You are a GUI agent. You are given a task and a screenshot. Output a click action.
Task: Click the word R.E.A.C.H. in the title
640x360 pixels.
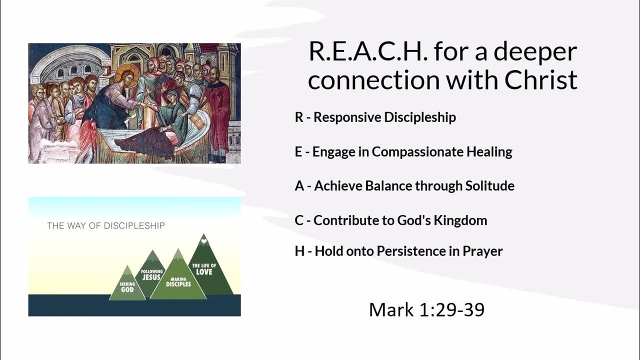[367, 51]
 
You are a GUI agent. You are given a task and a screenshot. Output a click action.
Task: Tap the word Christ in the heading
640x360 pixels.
[541, 80]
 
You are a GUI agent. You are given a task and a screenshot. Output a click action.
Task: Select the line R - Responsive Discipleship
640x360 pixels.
[375, 117]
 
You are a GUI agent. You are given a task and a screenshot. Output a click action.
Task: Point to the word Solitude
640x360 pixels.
[489, 186]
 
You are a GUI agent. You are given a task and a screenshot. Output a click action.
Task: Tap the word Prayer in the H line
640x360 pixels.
[482, 251]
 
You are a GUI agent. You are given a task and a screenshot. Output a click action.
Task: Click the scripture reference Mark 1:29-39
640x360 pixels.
[426, 309]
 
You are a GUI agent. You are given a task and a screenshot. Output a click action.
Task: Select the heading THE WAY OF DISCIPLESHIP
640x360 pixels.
[106, 225]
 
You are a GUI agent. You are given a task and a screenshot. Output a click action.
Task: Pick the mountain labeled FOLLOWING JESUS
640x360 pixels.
[151, 274]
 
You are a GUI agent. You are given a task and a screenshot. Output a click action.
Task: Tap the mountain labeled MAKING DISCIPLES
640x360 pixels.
[178, 281]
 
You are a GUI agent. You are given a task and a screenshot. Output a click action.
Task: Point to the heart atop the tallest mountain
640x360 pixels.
[203, 241]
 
